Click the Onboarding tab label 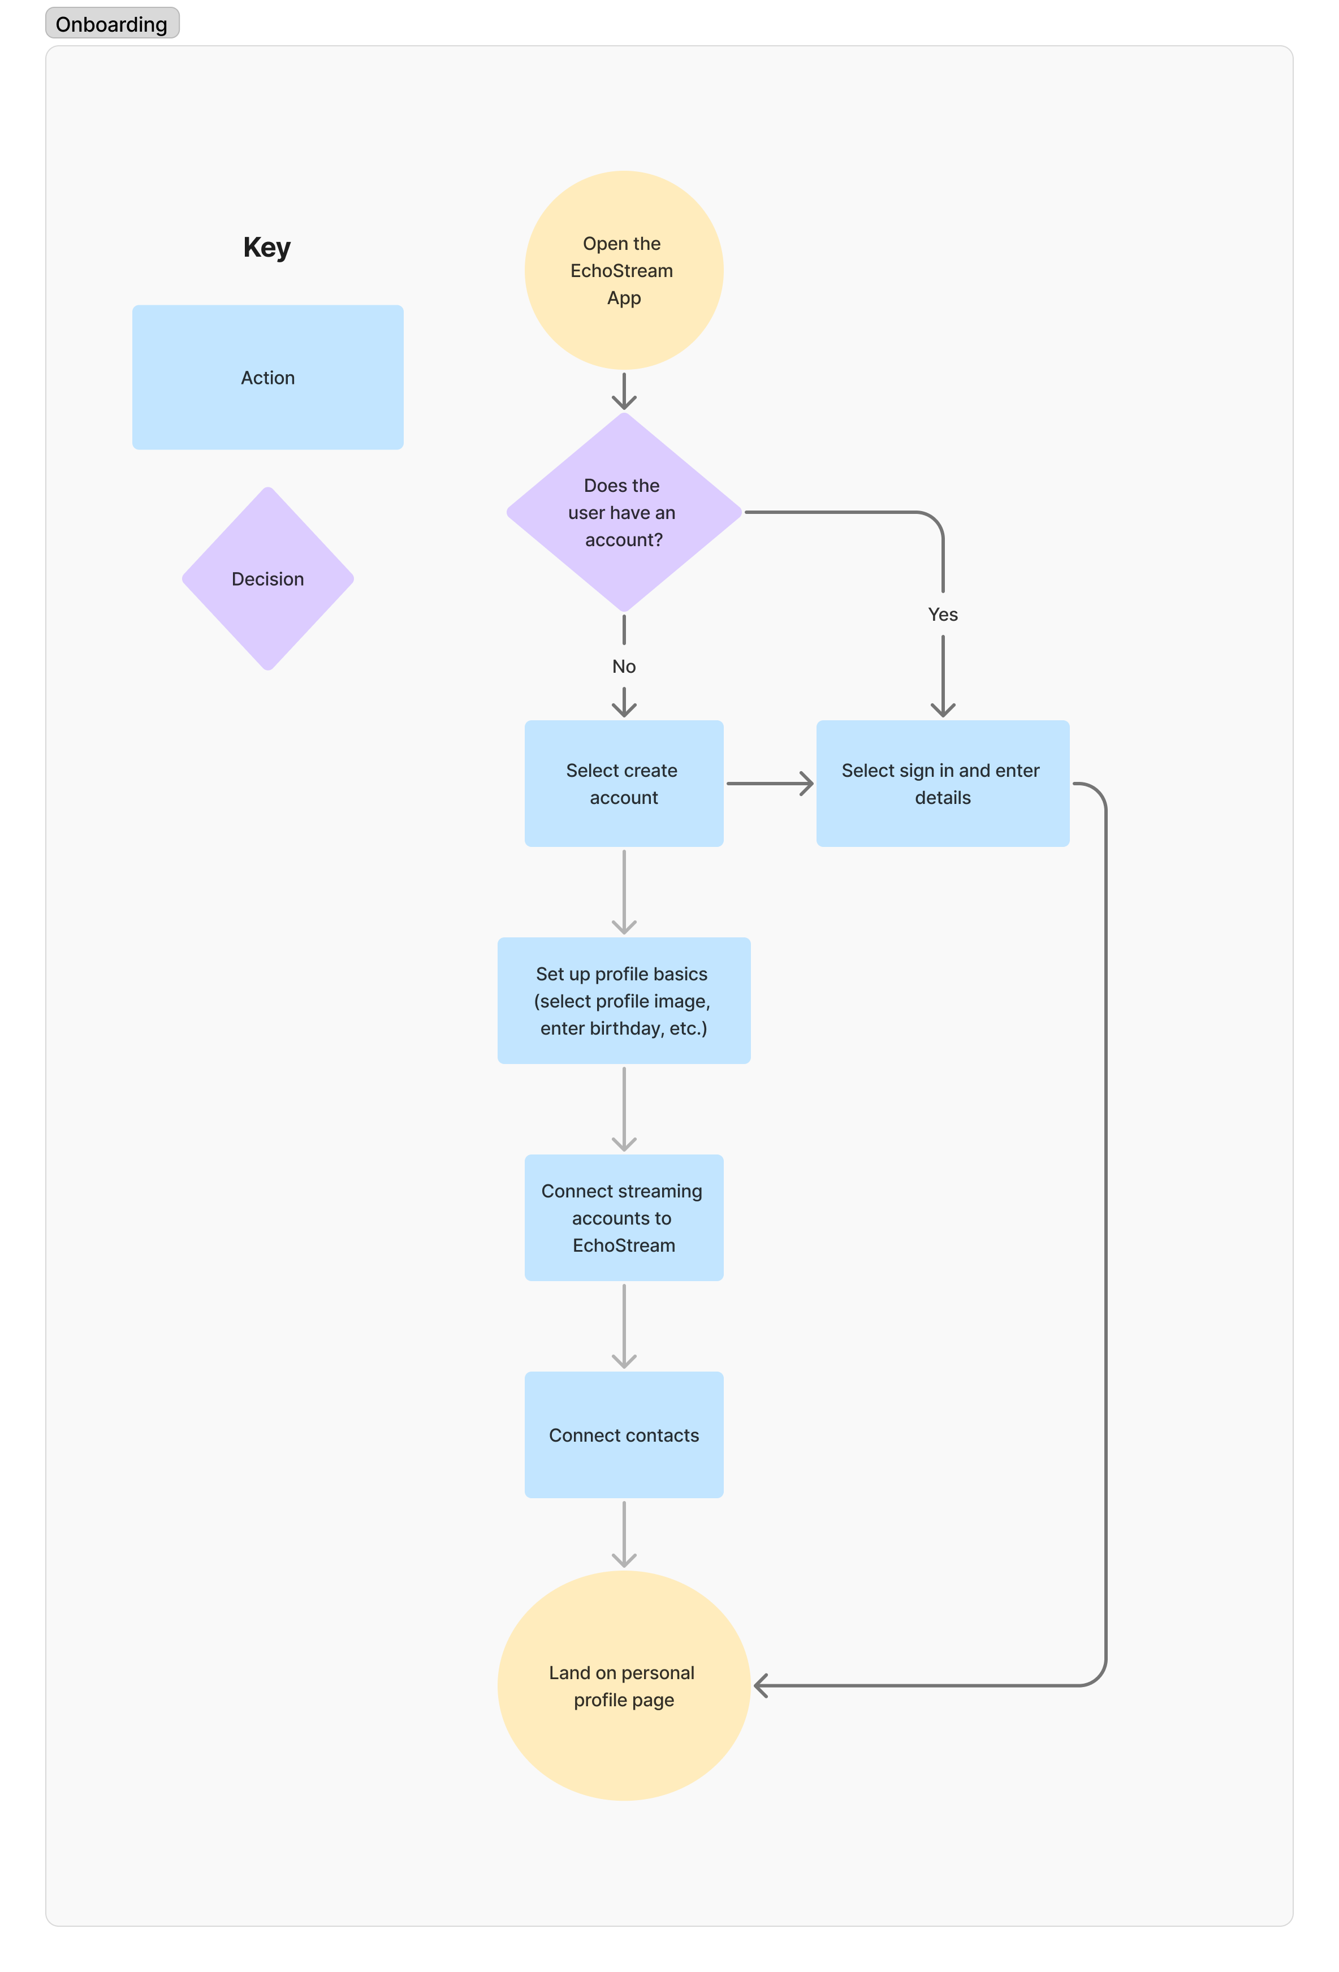111,24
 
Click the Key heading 266,247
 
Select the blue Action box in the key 267,378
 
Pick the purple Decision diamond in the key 267,579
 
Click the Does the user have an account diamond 624,513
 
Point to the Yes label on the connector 943,615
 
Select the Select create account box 624,783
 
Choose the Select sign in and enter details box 942,783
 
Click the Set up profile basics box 624,1001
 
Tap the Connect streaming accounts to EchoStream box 624,1218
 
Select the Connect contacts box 624,1435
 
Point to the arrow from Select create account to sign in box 769,783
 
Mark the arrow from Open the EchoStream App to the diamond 624,391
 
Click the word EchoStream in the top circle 621,271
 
